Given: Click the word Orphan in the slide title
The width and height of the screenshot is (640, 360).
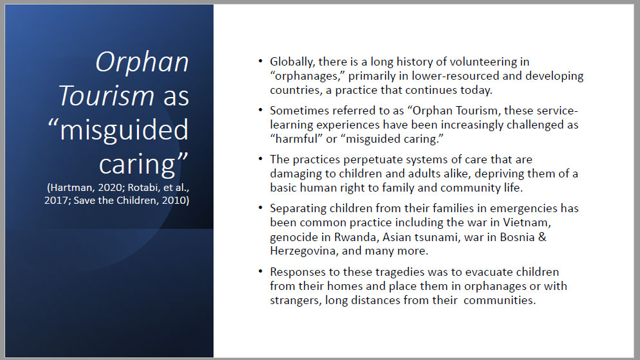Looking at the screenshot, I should click(142, 62).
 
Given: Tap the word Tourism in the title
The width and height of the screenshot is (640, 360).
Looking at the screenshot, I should click(106, 96).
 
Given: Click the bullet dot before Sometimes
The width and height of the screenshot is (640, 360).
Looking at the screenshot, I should click(261, 110).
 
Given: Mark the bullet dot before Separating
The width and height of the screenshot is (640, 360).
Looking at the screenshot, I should click(261, 208).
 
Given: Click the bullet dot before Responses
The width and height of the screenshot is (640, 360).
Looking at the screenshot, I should click(261, 271).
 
